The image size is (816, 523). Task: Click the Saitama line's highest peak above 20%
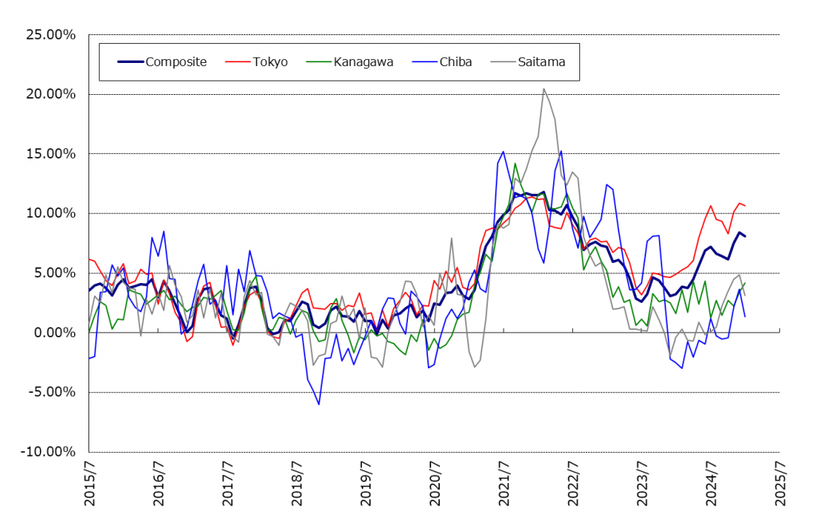(543, 88)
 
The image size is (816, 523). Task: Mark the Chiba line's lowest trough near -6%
(319, 404)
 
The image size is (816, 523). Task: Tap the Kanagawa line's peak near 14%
(515, 163)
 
